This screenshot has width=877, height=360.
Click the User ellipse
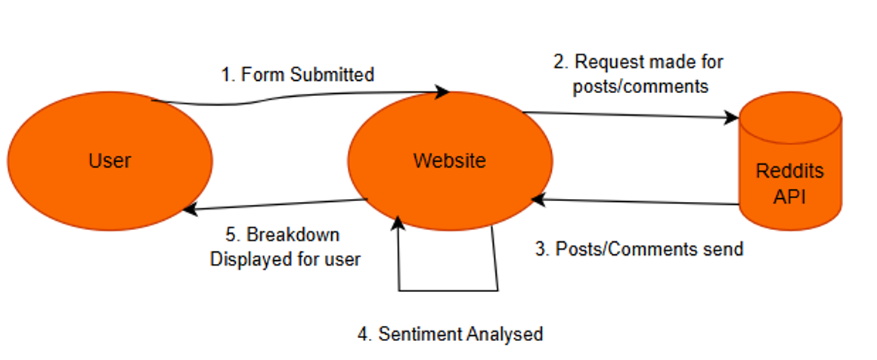point(110,160)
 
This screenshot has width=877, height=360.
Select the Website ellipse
point(451,160)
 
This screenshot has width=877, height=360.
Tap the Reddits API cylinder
point(790,161)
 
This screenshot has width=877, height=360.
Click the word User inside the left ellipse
point(110,160)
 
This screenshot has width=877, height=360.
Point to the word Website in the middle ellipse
point(450,160)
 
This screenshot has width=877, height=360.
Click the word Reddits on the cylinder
point(790,171)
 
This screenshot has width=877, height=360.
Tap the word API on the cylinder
point(790,197)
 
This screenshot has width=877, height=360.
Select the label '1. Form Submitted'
point(298,74)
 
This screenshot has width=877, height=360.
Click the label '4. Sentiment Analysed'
point(451,334)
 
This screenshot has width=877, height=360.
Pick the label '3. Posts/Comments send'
point(640,249)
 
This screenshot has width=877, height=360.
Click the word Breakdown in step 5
point(293,234)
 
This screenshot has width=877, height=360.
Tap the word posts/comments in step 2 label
point(640,86)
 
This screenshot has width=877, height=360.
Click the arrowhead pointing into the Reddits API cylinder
point(732,117)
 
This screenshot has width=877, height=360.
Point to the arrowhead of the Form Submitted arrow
point(443,92)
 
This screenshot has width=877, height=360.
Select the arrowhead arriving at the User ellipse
point(191,210)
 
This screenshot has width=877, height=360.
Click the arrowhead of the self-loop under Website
point(398,223)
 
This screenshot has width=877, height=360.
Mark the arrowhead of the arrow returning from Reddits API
point(538,199)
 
